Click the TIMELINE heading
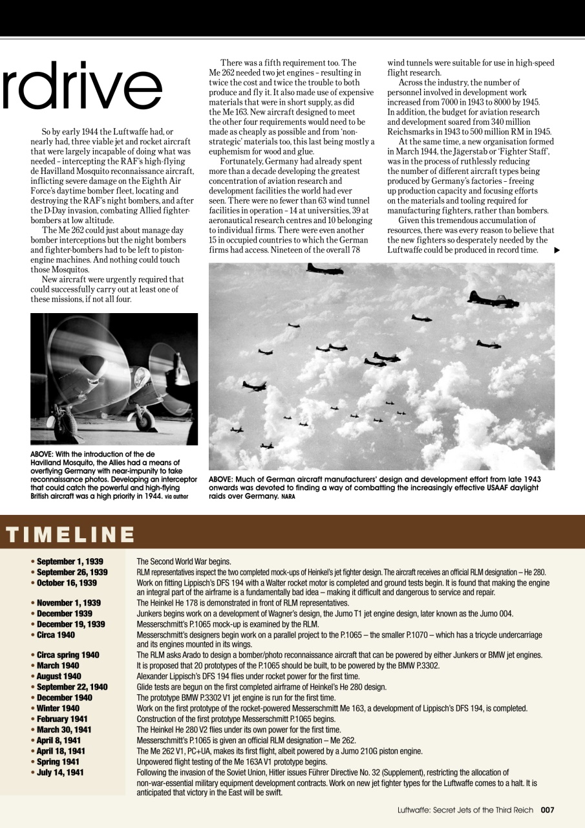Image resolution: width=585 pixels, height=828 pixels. pos(70,534)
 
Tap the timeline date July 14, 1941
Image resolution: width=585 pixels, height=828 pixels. pos(60,772)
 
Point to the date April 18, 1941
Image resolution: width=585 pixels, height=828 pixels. pos(61,751)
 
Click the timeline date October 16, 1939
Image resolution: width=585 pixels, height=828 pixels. pos(67,583)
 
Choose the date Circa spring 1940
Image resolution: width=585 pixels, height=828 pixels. pos(68,655)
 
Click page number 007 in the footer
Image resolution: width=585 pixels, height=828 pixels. pos(548,809)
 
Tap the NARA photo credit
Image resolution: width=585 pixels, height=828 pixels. pos(288,497)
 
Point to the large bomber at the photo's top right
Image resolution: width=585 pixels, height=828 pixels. pos(493,300)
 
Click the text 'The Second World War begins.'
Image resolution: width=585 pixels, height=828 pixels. pos(184,561)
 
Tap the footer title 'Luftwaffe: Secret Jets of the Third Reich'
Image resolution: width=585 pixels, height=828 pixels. pos(465,809)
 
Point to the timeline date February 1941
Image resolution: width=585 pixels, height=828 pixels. pos(64,719)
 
